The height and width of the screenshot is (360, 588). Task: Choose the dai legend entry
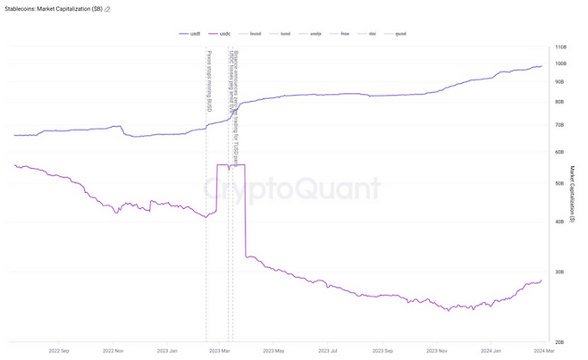370,33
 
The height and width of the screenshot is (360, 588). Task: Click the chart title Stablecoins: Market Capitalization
49,8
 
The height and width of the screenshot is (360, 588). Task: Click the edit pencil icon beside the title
108,8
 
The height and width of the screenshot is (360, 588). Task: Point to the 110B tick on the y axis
561,46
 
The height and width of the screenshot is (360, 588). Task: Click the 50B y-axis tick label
560,183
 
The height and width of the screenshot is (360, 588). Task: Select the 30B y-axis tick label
560,272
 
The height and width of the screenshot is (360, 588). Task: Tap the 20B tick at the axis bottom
560,342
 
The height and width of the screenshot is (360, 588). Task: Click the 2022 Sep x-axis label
57,352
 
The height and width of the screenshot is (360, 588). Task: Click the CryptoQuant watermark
290,188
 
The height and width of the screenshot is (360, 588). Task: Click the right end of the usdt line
542,66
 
